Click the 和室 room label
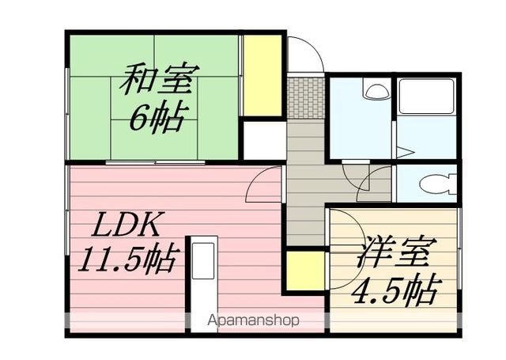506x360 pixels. [160, 79]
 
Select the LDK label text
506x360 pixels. [126, 225]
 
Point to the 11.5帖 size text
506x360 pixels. [127, 258]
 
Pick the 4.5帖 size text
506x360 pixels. [396, 290]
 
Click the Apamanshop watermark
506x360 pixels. [253, 320]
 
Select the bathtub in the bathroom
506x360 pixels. [427, 96]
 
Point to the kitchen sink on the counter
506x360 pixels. [203, 261]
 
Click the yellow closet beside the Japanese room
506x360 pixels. [262, 75]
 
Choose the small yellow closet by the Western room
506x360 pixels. [305, 271]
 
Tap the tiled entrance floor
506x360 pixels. [306, 98]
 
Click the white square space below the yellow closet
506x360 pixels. [264, 141]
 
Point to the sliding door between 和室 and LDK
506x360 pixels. [156, 162]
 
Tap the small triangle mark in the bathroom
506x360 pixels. [405, 152]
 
